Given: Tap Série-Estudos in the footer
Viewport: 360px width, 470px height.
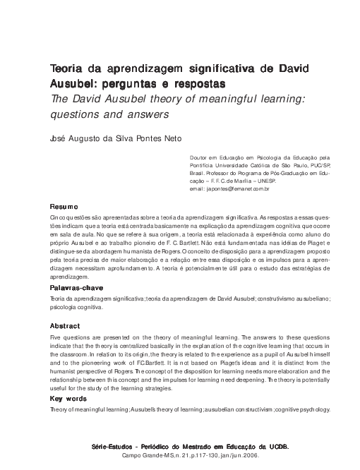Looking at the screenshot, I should pyautogui.click(x=114, y=447).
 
